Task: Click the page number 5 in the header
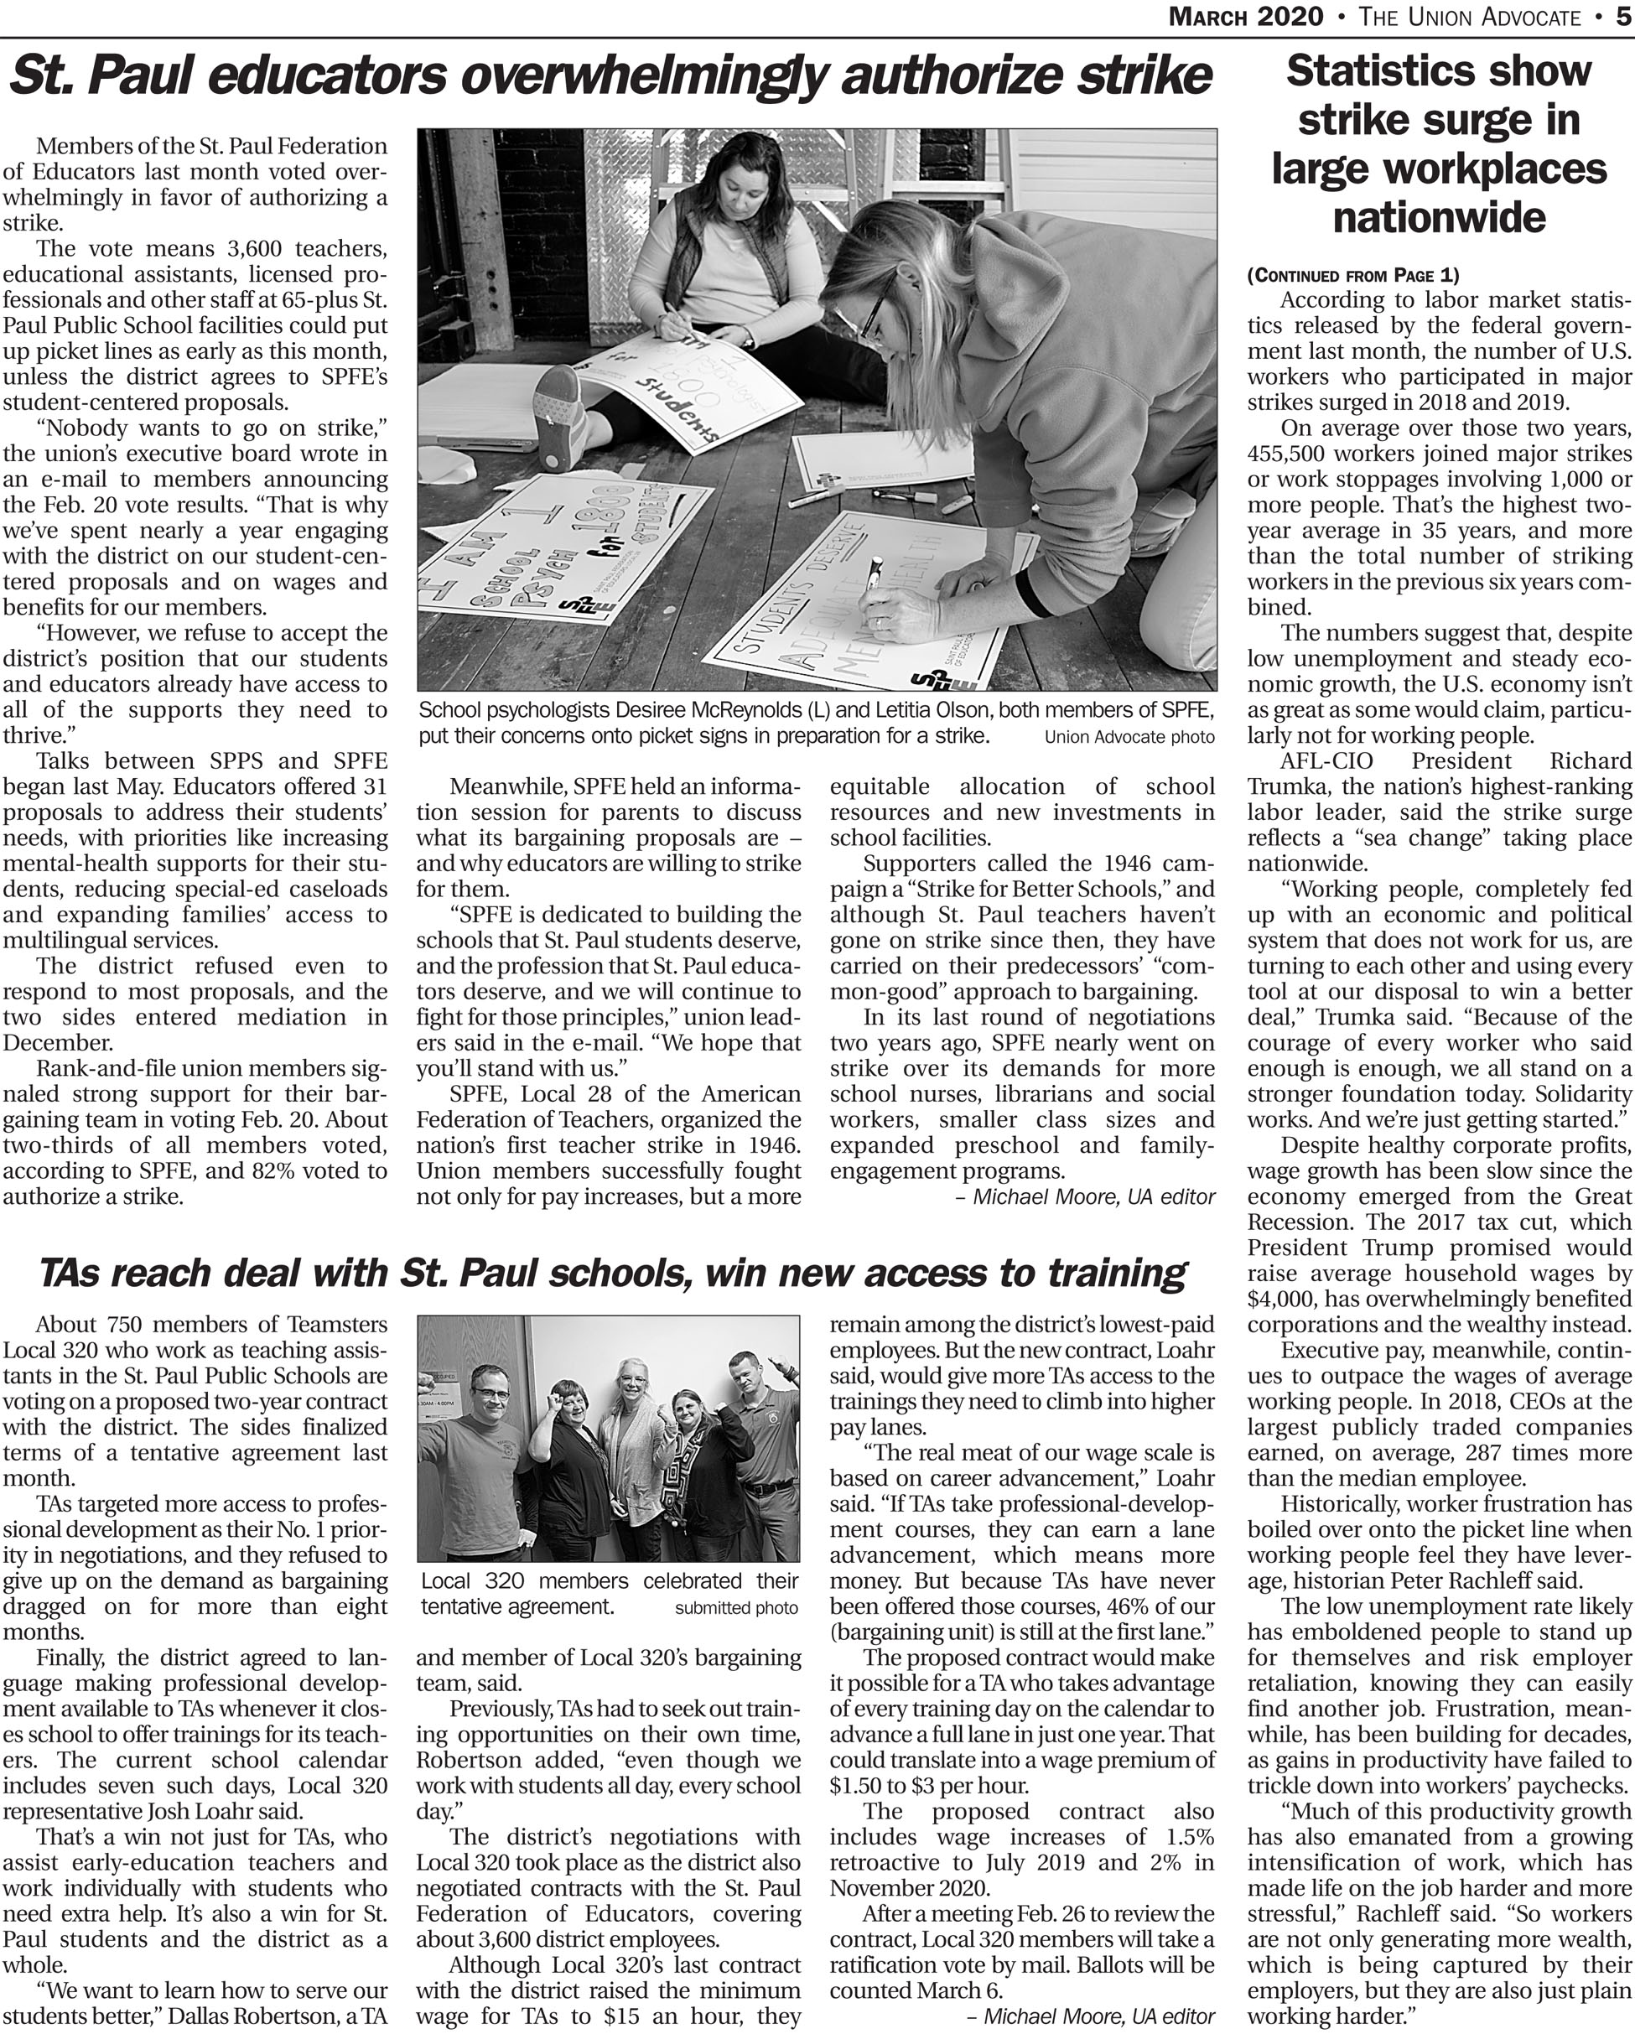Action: [x=1622, y=17]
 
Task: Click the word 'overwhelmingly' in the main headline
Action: [x=642, y=76]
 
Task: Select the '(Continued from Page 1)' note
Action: [x=1352, y=276]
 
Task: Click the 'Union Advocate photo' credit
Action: [x=1129, y=737]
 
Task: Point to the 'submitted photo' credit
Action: [x=736, y=1607]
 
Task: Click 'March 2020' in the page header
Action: [x=1245, y=17]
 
